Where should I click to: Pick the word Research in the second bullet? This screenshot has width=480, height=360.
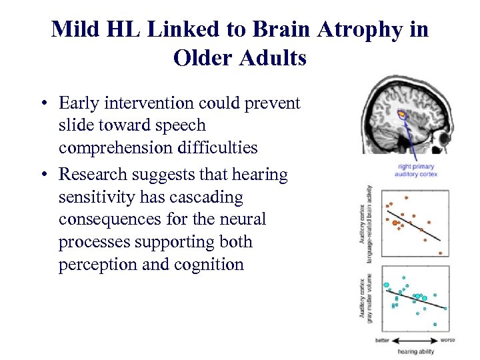pos(90,175)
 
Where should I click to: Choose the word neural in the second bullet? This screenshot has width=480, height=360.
pos(243,219)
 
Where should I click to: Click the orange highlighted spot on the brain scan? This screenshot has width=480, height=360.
pos(402,115)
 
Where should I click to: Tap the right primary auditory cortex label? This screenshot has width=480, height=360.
pos(415,171)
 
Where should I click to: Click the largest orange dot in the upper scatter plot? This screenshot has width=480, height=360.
pos(395,223)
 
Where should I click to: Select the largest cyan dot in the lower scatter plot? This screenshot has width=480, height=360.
pos(386,286)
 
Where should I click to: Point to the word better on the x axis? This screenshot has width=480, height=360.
pos(382,341)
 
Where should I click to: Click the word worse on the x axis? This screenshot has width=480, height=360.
pos(447,340)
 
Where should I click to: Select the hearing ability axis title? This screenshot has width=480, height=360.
pos(415,351)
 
